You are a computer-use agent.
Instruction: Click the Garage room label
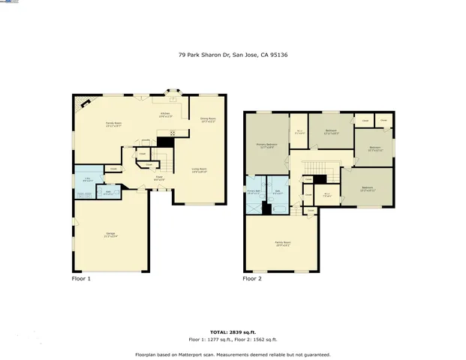click(111, 234)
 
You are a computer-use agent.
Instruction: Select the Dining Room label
click(208, 119)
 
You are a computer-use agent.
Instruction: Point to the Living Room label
click(200, 170)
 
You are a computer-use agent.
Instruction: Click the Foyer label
click(159, 178)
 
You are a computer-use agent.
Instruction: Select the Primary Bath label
click(255, 192)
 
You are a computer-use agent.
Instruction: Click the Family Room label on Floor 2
click(283, 244)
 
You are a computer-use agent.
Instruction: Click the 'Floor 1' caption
click(81, 278)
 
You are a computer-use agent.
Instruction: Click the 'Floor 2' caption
click(252, 278)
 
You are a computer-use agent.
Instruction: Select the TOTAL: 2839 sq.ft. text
click(233, 330)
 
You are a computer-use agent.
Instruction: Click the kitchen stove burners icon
click(172, 133)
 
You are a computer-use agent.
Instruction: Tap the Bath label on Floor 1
click(108, 192)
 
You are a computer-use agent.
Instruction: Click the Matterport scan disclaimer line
click(233, 354)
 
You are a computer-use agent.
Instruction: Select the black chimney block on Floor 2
click(320, 179)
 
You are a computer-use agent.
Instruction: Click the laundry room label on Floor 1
click(87, 179)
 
